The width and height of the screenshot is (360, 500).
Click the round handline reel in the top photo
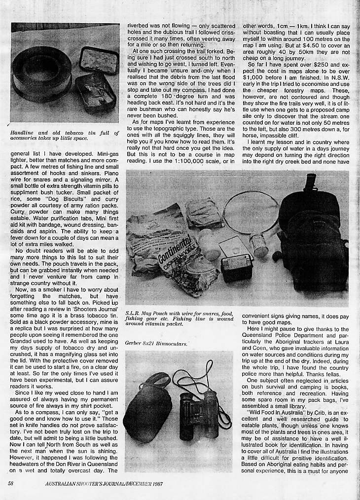click(x=42, y=74)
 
